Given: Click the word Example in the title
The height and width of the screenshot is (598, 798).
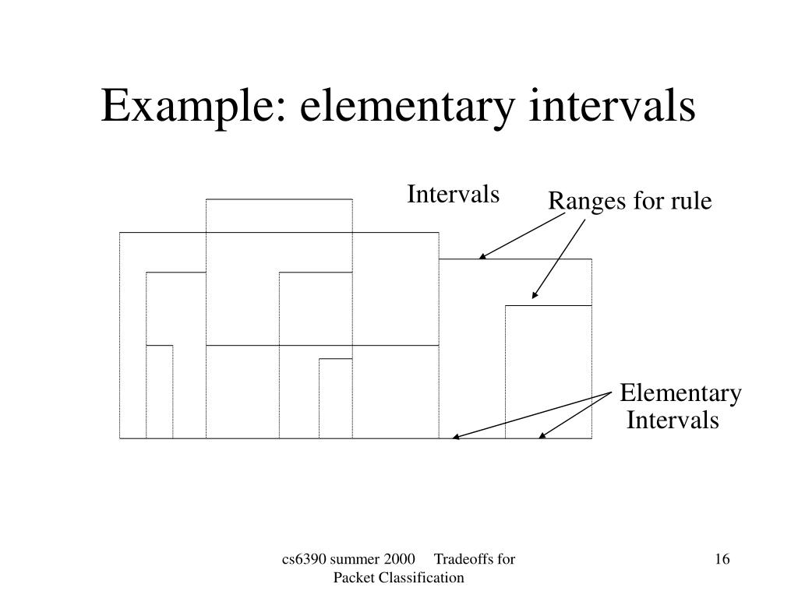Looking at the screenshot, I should point(192,107).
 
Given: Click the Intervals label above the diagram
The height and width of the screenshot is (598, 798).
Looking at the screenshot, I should point(453,194).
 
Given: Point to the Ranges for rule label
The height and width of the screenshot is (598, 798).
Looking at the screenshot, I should point(630,202).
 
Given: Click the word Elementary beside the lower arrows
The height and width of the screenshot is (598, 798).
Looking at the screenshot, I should point(680,394).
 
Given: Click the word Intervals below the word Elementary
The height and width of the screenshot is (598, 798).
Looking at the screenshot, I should point(673,420).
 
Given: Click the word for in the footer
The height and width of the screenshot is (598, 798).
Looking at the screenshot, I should point(507,560).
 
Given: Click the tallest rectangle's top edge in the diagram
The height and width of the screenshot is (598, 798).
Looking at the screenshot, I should point(279,200).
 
